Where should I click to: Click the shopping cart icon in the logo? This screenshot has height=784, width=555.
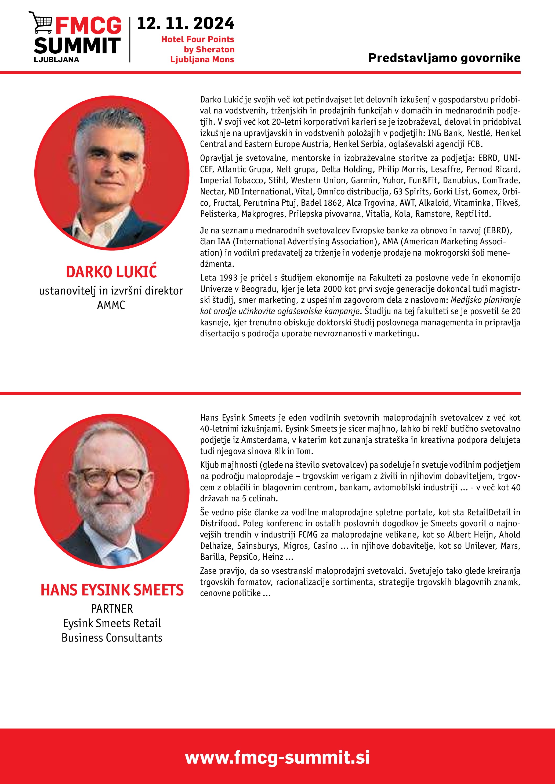(41, 22)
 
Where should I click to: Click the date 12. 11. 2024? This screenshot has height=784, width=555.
(186, 24)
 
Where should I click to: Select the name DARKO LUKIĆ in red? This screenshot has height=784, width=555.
(111, 272)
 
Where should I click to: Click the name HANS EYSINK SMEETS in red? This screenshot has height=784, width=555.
(112, 590)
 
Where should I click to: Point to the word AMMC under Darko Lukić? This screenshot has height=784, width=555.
(111, 305)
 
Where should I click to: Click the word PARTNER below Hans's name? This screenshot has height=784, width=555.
(112, 609)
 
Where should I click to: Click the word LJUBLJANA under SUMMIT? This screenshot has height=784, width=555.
(56, 60)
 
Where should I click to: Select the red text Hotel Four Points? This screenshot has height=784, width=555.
(198, 39)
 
